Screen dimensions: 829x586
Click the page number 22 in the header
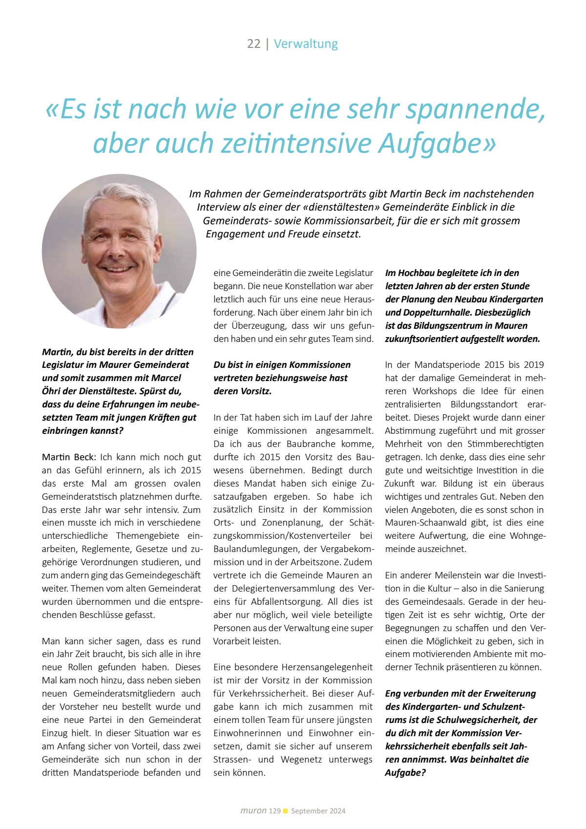coord(253,44)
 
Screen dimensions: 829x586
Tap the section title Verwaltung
coord(306,44)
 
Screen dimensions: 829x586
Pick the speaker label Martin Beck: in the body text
coord(69,457)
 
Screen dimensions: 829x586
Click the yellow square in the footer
coord(286,811)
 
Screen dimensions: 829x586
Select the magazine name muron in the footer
coord(253,811)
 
